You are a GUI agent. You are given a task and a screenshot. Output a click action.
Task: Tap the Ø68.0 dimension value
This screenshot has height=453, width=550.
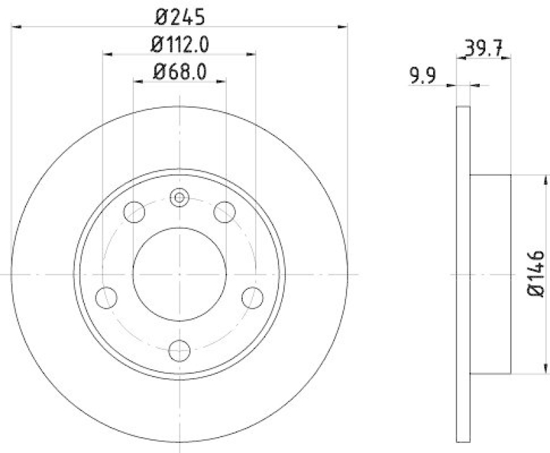[179, 71]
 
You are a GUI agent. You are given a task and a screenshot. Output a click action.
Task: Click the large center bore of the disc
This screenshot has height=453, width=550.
[179, 274]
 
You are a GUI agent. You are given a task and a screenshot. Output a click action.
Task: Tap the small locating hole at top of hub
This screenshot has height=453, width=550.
[179, 199]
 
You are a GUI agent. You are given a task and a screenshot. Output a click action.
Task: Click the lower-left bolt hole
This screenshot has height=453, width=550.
[106, 298]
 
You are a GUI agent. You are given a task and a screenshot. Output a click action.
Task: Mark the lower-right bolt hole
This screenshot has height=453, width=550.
[252, 298]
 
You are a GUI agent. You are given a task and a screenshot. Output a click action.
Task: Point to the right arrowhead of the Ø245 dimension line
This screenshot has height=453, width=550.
[343, 27]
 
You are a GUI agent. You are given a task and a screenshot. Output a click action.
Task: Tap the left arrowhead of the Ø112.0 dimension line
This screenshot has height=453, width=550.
[107, 53]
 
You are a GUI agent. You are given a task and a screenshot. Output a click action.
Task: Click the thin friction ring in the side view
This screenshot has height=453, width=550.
[463, 274]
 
